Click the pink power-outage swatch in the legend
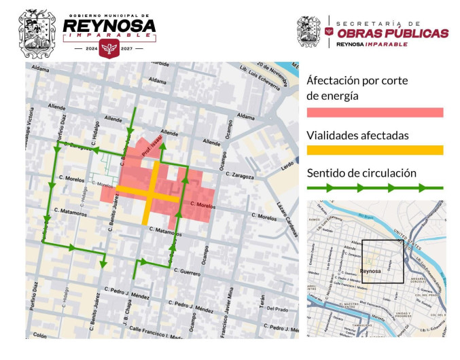pyautogui.click(x=374, y=113)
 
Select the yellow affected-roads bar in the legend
pyautogui.click(x=374, y=150)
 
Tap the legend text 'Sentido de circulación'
pyautogui.click(x=361, y=173)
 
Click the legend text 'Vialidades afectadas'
pyautogui.click(x=357, y=135)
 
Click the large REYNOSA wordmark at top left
pyautogui.click(x=109, y=26)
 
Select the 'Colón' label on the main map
pyautogui.click(x=40, y=335)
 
